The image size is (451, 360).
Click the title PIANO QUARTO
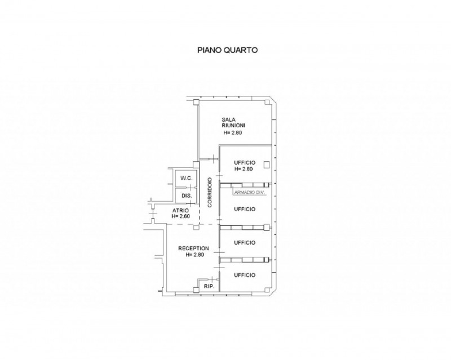[x=227, y=50]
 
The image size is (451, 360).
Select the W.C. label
[x=187, y=178]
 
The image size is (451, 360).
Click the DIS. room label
[x=187, y=196]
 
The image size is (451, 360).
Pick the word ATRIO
[x=180, y=211]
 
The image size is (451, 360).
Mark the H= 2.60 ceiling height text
[x=180, y=216]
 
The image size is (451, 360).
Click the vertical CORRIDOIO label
[x=210, y=192]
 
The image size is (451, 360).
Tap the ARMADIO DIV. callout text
[x=249, y=193]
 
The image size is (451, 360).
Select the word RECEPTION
[x=193, y=248]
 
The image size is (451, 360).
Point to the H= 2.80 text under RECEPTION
[x=194, y=255]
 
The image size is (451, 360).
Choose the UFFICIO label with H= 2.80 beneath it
[x=245, y=163]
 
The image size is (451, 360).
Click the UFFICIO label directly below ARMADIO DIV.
[x=245, y=209]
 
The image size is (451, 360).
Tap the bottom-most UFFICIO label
[x=245, y=275]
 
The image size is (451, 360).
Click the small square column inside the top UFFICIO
[x=267, y=165]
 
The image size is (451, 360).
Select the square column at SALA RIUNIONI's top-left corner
[x=196, y=103]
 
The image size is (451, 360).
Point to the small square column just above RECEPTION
[x=196, y=228]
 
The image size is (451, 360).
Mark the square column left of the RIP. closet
[x=196, y=290]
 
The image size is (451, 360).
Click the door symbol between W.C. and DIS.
[x=191, y=187]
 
